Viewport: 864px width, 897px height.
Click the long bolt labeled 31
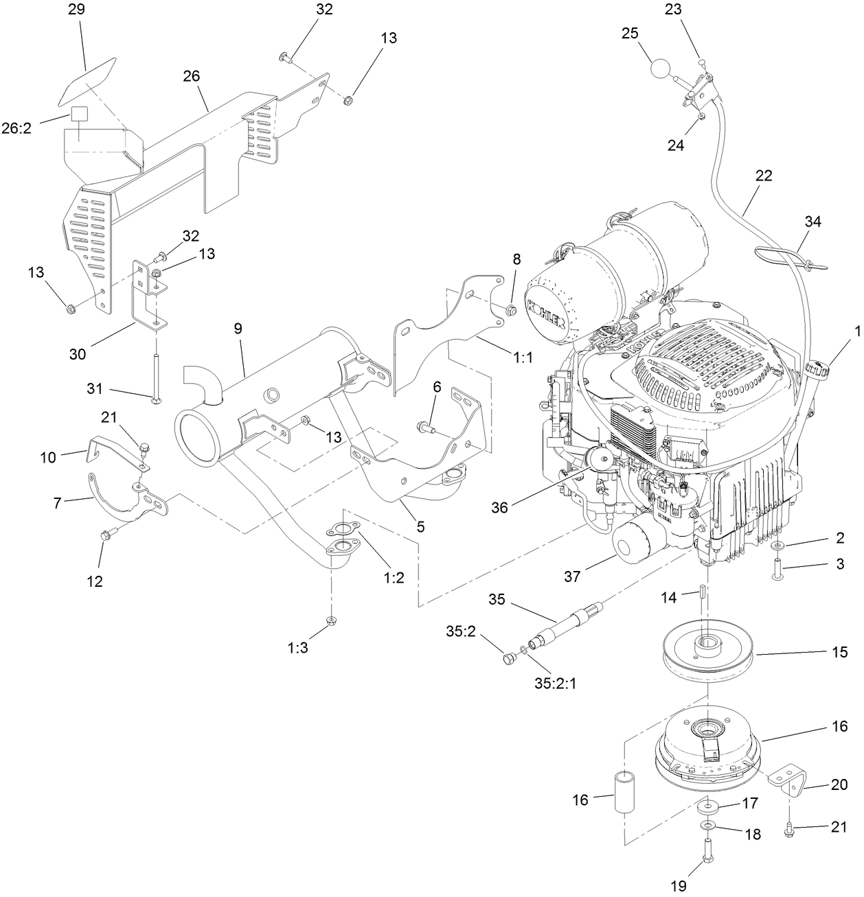point(156,363)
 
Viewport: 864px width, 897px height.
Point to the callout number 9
point(238,328)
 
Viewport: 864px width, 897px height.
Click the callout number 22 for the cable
point(763,175)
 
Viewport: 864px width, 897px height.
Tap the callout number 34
point(813,222)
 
